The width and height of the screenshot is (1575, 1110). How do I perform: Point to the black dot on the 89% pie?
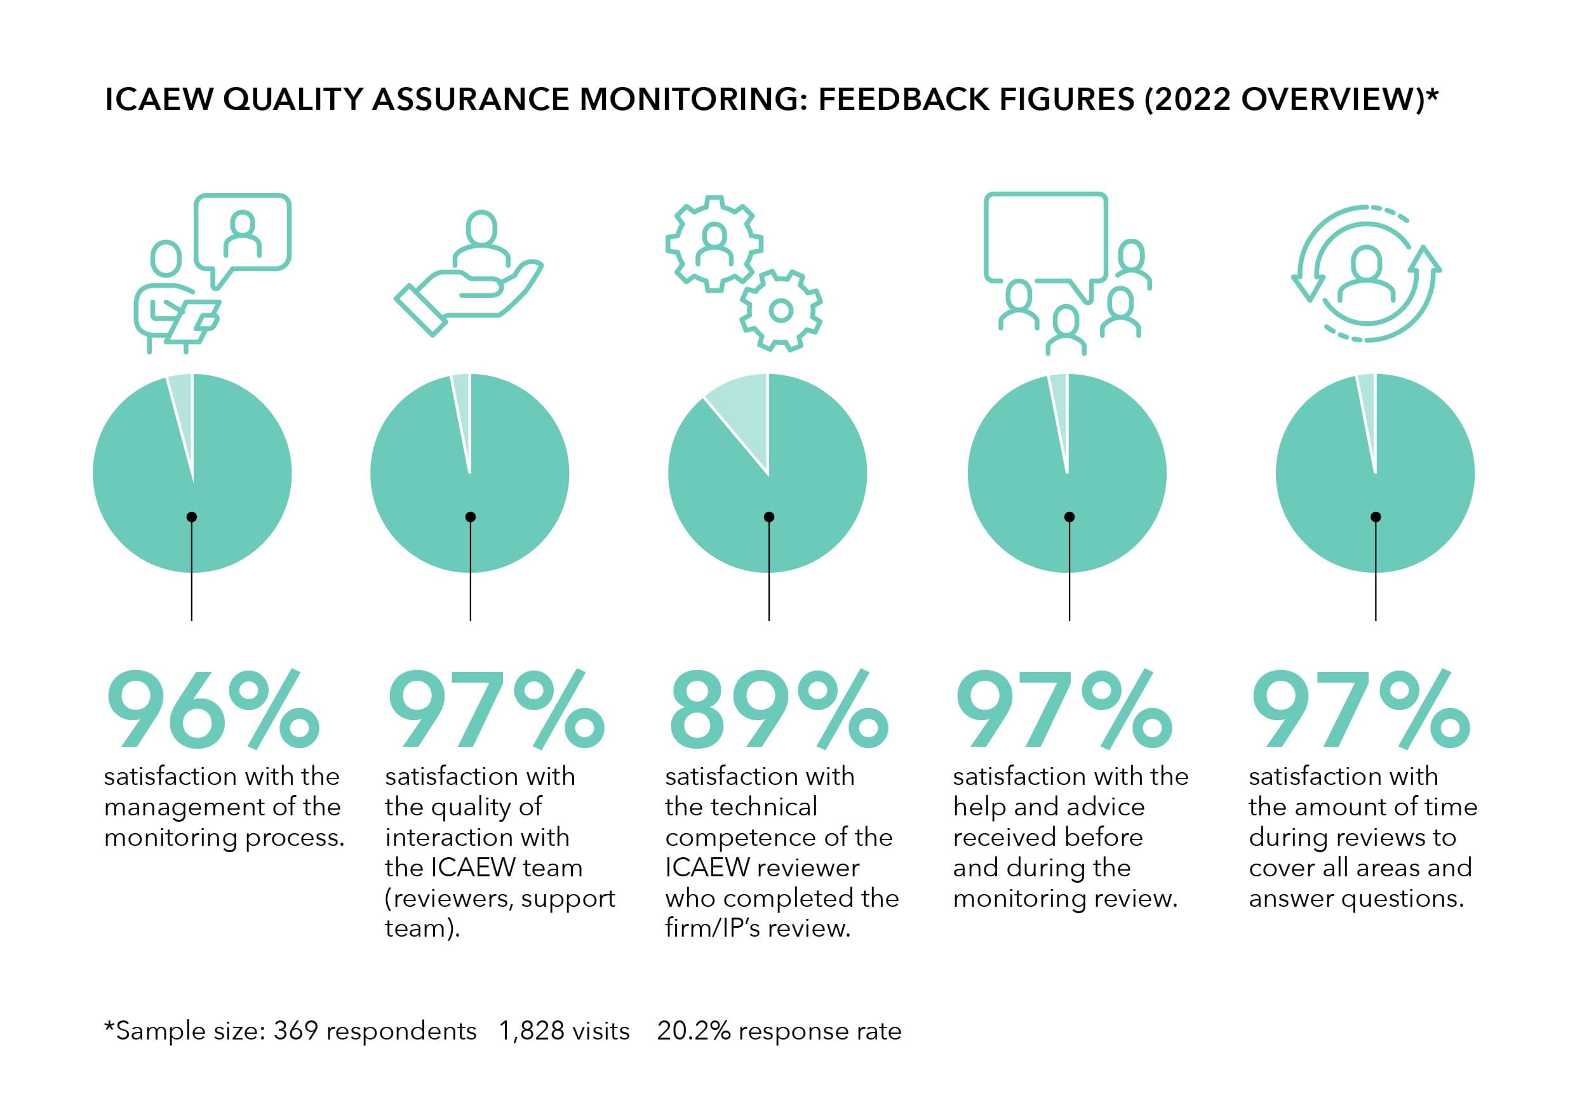769,517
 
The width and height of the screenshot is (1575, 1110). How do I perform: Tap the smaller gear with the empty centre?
781,311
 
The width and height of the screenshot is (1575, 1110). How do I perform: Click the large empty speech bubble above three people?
1045,237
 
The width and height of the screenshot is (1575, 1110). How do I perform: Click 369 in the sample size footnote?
295,1031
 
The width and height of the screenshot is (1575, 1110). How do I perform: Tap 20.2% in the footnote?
693,1031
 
